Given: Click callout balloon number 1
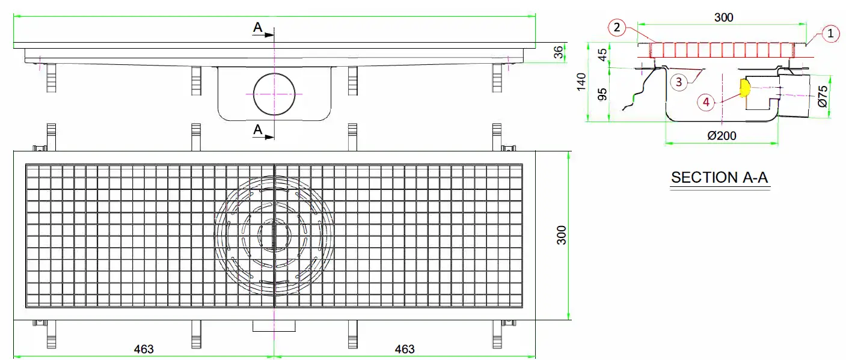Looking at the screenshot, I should pos(830,34).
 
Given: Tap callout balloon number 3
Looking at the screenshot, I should pos(679,82).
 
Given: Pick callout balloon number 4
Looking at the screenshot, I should pos(707,102).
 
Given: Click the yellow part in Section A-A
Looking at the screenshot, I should pos(744,88).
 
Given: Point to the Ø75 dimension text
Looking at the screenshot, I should pos(823,96).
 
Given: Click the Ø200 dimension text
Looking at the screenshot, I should pos(722,136).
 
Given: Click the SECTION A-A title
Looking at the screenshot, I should pos(719,177).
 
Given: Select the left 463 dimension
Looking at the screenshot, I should pos(144,349).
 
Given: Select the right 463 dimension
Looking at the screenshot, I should pos(404,349).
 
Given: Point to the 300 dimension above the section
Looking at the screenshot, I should pos(723,17).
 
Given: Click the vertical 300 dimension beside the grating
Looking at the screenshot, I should pos(560,236).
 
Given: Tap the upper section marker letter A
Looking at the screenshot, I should pos(257,28).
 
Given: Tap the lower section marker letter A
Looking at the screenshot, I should pos(257,129).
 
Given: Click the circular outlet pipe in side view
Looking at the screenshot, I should pos(274,94).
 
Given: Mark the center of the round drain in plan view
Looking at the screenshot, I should pos(274,236).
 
